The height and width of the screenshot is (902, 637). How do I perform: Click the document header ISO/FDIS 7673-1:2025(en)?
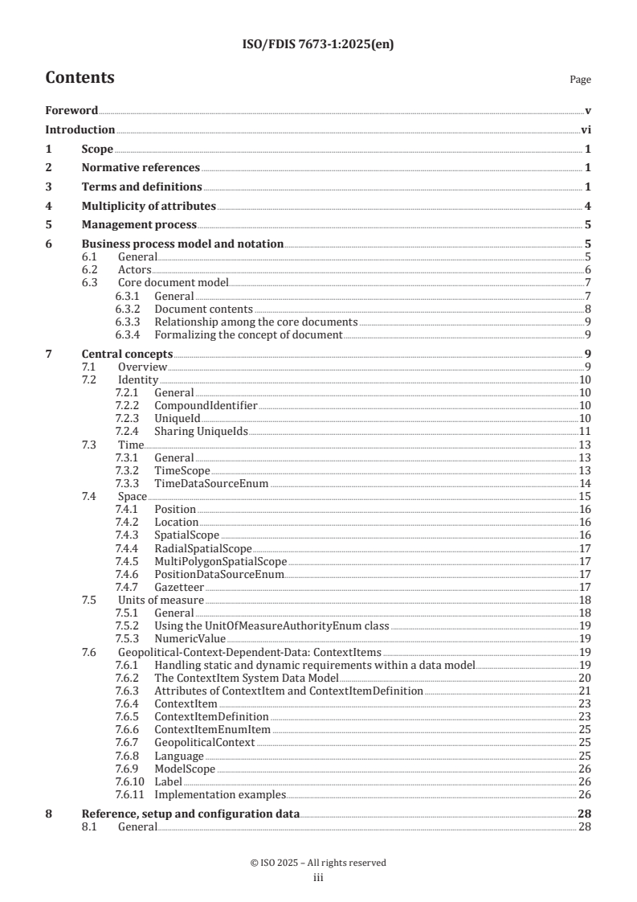(x=318, y=45)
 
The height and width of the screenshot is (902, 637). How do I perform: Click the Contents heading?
(x=80, y=78)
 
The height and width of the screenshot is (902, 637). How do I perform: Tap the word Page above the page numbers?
(x=580, y=80)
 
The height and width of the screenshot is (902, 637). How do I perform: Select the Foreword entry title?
(x=71, y=110)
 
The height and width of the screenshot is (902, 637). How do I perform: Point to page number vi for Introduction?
(x=586, y=129)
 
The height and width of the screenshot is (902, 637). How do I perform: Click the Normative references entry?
(x=141, y=168)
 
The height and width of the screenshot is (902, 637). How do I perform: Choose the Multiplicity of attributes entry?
(x=149, y=207)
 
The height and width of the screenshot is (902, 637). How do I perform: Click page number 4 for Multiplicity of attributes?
(x=588, y=207)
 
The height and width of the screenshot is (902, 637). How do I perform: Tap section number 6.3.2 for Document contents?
(x=129, y=309)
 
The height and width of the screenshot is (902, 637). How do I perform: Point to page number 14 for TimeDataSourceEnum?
(x=586, y=483)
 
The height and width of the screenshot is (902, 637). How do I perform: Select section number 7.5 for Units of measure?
(x=90, y=600)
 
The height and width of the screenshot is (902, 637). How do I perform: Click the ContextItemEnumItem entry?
(x=212, y=730)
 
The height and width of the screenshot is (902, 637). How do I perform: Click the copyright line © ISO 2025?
(x=318, y=863)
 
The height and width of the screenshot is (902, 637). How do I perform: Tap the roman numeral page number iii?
(x=318, y=878)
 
